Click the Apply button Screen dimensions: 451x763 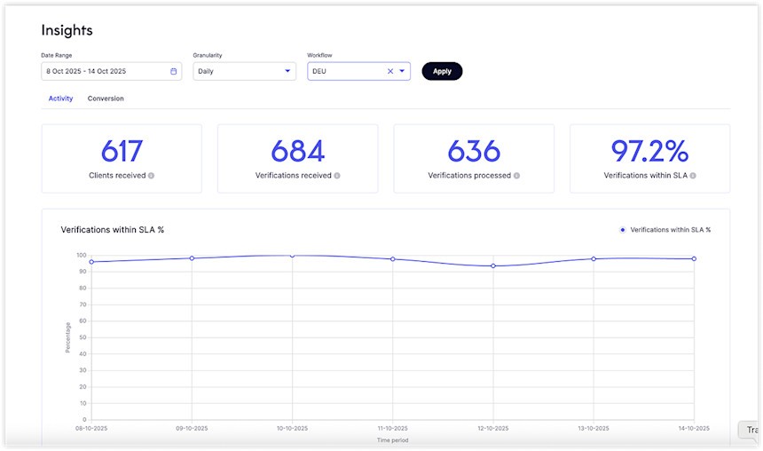(442, 71)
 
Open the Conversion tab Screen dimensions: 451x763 (106, 99)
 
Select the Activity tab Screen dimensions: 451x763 (60, 99)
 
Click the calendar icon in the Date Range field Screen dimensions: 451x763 (173, 71)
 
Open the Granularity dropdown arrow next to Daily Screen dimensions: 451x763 (287, 71)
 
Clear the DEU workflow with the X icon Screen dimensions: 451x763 (389, 71)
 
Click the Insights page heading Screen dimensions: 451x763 (67, 30)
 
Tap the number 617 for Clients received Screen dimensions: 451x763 (122, 152)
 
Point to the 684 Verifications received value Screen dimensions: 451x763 (297, 152)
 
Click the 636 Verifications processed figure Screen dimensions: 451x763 (474, 152)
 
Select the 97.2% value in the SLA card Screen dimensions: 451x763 (649, 152)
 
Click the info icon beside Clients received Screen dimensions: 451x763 (151, 176)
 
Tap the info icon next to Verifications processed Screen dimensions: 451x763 (516, 176)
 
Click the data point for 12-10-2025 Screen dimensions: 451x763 (493, 266)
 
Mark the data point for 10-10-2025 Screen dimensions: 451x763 (292, 256)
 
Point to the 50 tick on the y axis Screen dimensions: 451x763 (82, 337)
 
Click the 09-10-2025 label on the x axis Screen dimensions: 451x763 (192, 429)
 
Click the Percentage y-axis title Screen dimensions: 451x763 (67, 337)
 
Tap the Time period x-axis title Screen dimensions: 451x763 (392, 439)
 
